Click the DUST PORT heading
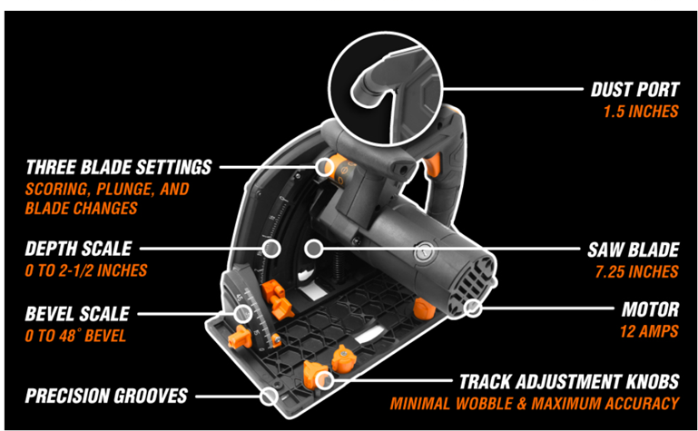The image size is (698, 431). (x=634, y=91)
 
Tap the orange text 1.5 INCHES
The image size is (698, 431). (x=641, y=113)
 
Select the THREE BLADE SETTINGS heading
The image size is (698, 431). (x=119, y=168)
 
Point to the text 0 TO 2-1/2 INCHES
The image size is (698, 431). (x=86, y=270)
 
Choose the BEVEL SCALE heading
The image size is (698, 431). (x=78, y=315)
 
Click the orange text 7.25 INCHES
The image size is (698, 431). (x=641, y=270)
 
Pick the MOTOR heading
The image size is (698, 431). (x=649, y=309)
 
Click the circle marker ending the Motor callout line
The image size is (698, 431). (x=472, y=309)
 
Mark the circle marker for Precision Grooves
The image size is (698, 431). (x=268, y=396)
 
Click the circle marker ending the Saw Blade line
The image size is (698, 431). (x=311, y=247)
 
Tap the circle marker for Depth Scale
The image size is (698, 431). (x=270, y=247)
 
